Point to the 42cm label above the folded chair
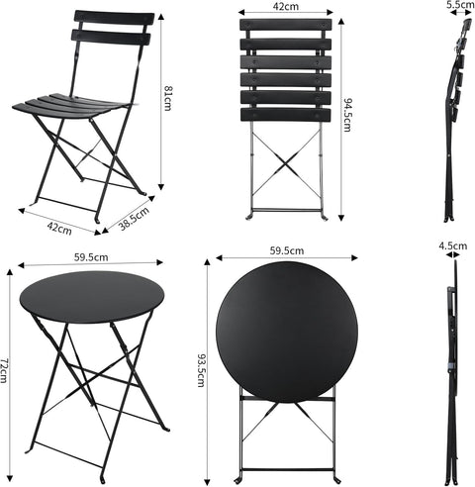point(286,6)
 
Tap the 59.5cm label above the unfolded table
point(90,257)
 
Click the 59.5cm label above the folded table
point(287,251)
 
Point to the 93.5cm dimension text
point(201,370)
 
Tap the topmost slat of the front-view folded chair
point(285,26)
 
